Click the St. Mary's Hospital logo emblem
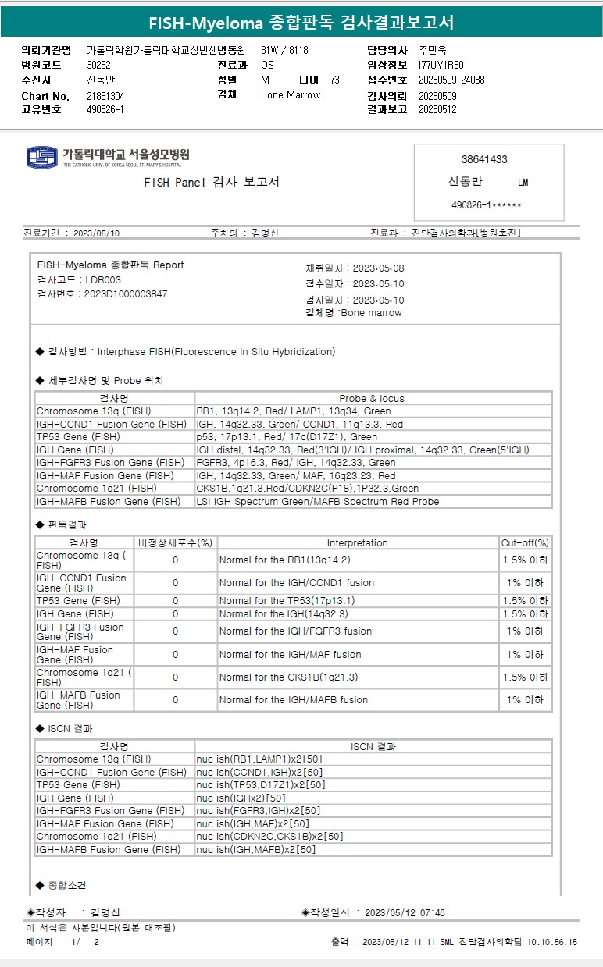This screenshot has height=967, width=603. tap(42, 157)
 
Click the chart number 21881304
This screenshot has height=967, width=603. tap(105, 96)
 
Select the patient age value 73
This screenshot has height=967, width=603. tap(334, 80)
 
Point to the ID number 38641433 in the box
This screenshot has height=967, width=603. tap(484, 159)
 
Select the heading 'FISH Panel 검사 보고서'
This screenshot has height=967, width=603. tap(212, 183)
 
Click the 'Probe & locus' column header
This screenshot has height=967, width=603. tap(372, 398)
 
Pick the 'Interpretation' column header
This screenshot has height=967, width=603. tap(357, 542)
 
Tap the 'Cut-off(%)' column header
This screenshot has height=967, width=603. tap(525, 542)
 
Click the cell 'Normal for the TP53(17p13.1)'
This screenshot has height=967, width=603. tap(287, 601)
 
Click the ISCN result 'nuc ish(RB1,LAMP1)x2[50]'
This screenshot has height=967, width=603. tap(259, 759)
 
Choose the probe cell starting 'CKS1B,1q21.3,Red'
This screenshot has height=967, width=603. tap(307, 489)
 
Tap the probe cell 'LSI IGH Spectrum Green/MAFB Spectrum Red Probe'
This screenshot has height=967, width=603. tap(317, 502)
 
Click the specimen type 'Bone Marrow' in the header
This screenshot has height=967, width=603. tap(291, 95)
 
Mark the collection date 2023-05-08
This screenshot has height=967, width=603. tap(378, 268)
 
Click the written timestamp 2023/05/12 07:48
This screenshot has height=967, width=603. tap(405, 912)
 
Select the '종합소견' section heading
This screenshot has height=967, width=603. tap(67, 885)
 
